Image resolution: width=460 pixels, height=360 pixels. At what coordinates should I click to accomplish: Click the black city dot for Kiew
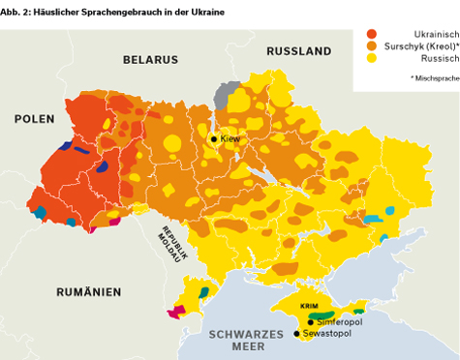click(x=214, y=139)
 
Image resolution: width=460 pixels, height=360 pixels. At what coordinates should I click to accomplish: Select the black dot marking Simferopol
click(x=310, y=322)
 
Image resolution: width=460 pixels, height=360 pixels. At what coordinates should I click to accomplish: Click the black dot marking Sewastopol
click(x=296, y=334)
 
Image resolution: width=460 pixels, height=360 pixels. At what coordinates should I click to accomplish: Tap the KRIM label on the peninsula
click(x=309, y=306)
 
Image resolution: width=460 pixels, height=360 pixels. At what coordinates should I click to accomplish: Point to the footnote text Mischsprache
click(x=434, y=76)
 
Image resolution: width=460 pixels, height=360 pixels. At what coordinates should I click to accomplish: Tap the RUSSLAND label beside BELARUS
click(x=298, y=50)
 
